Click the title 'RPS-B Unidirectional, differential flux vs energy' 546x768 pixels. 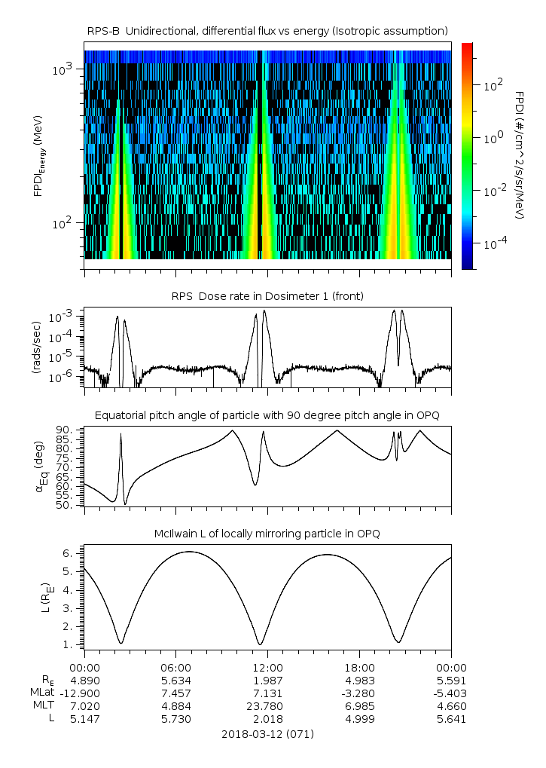(267, 30)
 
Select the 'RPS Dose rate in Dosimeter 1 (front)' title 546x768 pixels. (267, 296)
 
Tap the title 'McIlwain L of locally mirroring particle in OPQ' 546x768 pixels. (267, 534)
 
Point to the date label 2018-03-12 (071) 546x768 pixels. (267, 733)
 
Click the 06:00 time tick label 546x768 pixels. (176, 667)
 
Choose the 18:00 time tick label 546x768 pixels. (359, 667)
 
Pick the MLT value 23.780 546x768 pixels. (267, 706)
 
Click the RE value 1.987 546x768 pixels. (267, 680)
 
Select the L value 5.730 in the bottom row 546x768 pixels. (176, 719)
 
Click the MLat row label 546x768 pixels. (41, 693)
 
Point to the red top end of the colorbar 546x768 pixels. (467, 47)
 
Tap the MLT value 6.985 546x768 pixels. (359, 706)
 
